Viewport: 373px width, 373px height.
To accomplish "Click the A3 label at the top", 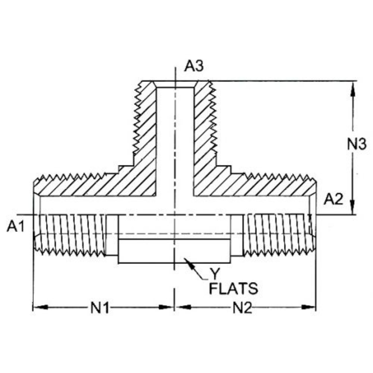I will click(194, 66).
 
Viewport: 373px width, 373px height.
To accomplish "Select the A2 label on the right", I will click(333, 200).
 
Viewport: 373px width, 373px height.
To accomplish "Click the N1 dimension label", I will click(100, 308).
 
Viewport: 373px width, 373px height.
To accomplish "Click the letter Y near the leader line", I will click(215, 274).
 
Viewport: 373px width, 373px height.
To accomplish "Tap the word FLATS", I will click(233, 288).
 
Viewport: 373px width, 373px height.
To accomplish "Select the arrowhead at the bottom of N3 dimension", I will click(352, 209).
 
